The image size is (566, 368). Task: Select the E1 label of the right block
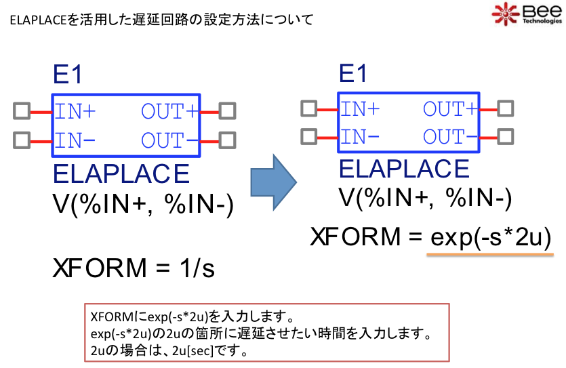coord(354,74)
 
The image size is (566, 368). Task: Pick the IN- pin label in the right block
coord(359,136)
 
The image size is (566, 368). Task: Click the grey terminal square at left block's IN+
coord(22,110)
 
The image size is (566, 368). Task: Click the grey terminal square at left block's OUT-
coord(227,140)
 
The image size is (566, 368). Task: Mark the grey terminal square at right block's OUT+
coord(508,108)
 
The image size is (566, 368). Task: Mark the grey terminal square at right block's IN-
coord(308,136)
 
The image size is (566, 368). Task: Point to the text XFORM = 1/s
coord(134,268)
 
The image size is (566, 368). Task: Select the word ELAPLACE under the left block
coord(121,173)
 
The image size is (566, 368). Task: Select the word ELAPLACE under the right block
coord(404,168)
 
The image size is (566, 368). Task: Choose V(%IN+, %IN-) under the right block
coord(425,198)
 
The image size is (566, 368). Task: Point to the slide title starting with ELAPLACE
coord(161,20)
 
